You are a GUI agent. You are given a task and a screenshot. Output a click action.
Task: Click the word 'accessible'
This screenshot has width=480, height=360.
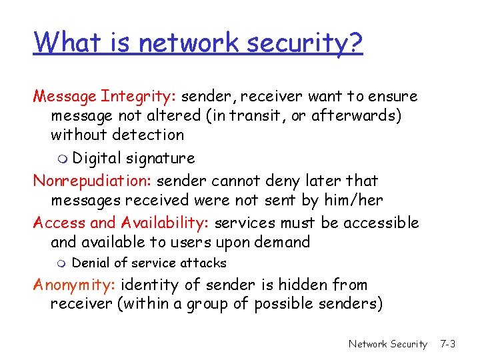382,223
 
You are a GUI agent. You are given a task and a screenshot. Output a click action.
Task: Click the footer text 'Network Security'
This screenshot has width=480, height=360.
387,344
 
